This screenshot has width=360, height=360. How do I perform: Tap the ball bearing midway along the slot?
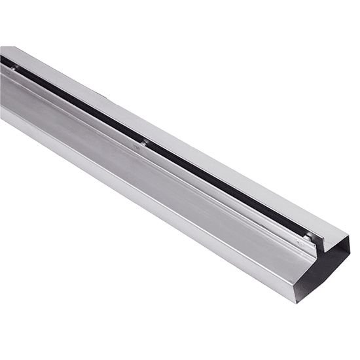tap(143, 142)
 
